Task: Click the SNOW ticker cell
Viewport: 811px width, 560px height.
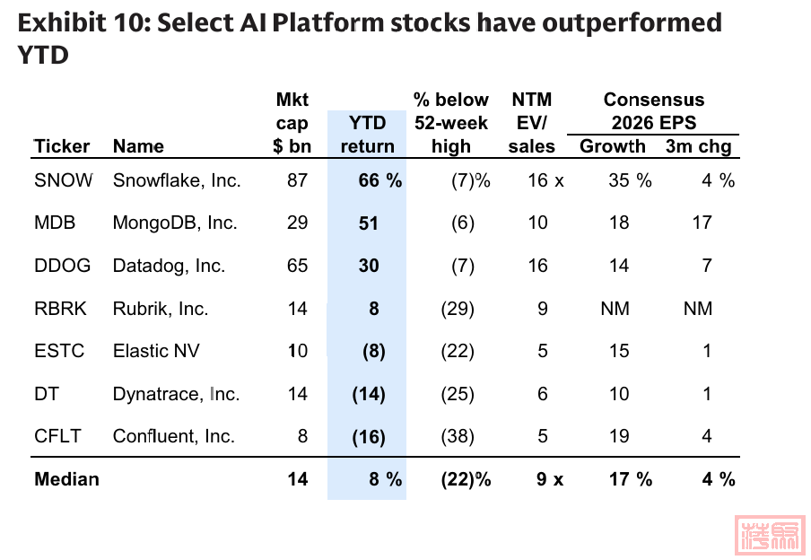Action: coord(63,180)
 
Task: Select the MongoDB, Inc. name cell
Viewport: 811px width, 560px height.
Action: coord(175,223)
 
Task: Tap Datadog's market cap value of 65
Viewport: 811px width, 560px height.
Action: coord(297,266)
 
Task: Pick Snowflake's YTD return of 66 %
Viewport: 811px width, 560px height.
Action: coord(379,180)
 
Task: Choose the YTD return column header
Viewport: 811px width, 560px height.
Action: coord(367,135)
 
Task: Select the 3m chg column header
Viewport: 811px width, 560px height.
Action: coord(698,146)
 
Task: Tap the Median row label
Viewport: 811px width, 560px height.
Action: coord(66,479)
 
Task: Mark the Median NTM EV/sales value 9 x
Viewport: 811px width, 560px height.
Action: coord(550,479)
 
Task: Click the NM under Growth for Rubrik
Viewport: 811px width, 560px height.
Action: coord(615,309)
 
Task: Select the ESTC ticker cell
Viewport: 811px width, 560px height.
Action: coord(59,351)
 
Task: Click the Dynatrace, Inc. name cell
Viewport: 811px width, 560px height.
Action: coord(176,394)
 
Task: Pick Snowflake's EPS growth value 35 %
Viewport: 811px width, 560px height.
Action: coord(630,180)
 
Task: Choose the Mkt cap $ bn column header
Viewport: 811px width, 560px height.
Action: coord(291,123)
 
